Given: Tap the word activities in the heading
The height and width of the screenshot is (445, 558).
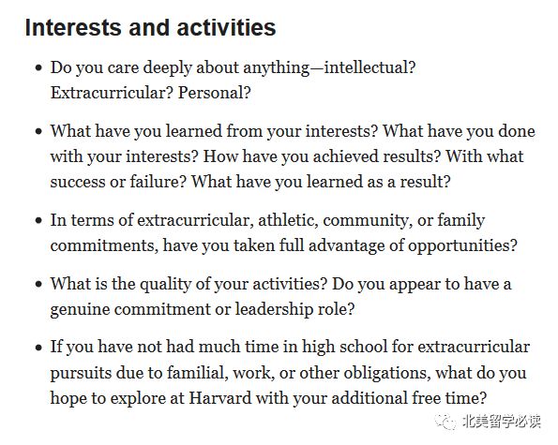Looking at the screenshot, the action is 226,27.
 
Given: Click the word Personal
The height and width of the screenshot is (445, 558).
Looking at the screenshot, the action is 215,93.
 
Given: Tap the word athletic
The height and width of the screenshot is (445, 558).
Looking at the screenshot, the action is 288,219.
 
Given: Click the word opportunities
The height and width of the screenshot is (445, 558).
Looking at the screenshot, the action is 462,246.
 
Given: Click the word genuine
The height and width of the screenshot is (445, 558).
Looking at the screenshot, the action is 80,310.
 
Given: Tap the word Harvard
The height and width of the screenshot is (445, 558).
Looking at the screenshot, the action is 220,397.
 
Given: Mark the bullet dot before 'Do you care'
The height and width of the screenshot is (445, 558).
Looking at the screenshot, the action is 38,67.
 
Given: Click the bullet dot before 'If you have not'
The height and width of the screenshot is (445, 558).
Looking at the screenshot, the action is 38,347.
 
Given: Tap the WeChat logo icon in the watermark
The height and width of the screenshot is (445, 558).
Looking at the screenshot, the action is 445,422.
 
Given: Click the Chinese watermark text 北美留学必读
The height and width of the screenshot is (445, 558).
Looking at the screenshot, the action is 502,422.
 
